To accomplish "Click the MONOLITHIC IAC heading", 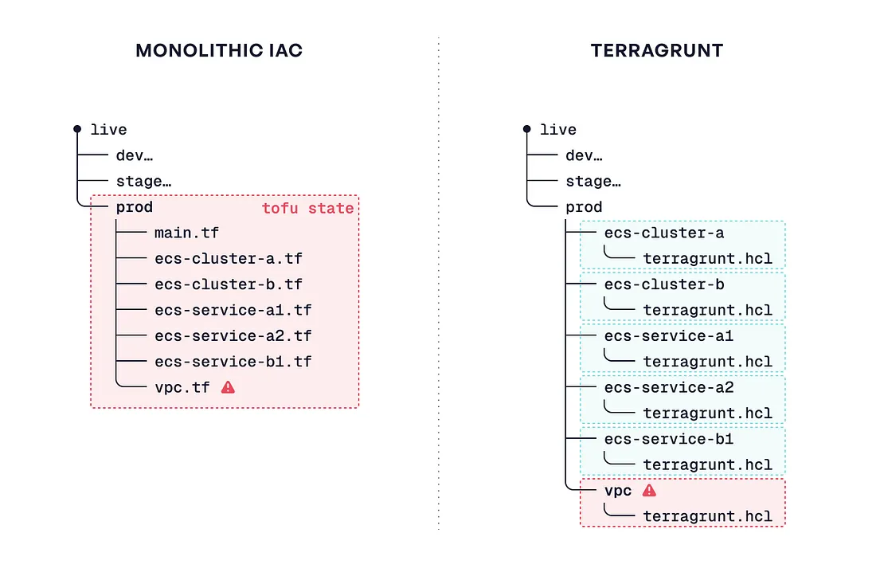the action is click(219, 50).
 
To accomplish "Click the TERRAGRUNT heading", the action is click(657, 50).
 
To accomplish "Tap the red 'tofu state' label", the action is click(308, 209).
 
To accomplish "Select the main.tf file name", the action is click(186, 233).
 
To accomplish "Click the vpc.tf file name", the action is click(182, 387).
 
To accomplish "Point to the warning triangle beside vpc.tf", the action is click(228, 386).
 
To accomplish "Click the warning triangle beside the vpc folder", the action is click(649, 490).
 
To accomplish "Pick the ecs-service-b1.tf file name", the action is click(233, 362).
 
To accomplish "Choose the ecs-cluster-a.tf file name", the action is click(229, 258).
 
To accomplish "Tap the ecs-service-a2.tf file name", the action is click(233, 336).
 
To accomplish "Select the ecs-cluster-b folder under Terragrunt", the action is click(664, 284).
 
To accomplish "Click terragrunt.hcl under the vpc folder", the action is click(708, 516).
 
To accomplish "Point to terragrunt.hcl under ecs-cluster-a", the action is click(708, 259).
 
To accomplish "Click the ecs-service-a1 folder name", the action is click(669, 336).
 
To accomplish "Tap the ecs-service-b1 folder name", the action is click(669, 439).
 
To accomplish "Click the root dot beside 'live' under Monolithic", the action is click(77, 129).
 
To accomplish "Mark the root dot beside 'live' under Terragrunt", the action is click(527, 129).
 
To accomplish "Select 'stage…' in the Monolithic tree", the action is click(143, 181).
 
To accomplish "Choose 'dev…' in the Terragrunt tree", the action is click(584, 155).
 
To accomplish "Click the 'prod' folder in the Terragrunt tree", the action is click(584, 207).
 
